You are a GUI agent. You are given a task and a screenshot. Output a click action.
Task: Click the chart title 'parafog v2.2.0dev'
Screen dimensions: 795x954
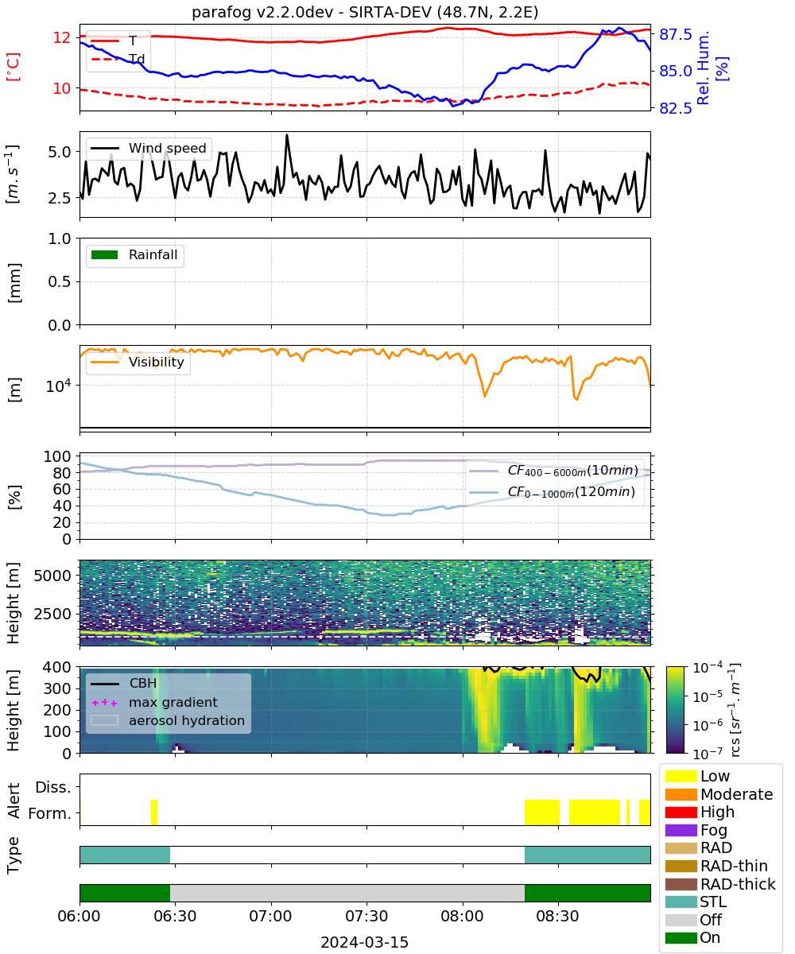262,12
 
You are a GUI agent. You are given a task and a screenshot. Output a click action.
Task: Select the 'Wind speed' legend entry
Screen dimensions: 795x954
149,148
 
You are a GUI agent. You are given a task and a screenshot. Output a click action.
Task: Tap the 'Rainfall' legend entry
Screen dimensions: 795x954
134,254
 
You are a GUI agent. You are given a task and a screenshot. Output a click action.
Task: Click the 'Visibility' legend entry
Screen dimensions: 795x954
138,362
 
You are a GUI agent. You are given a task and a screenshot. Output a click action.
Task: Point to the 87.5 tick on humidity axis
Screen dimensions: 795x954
675,34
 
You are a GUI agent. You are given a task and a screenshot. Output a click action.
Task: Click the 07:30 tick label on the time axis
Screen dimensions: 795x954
366,916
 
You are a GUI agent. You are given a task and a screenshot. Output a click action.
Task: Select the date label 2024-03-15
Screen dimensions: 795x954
365,942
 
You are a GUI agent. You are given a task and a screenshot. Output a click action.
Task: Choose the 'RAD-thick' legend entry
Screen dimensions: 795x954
720,883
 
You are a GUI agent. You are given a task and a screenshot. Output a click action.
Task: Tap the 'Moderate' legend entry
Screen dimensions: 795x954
719,794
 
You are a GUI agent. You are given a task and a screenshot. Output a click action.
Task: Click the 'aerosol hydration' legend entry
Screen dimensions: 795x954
168,720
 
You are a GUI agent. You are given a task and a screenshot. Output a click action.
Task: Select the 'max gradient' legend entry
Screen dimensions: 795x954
154,702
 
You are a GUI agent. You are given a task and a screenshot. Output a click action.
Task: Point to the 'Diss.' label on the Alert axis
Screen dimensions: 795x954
53,787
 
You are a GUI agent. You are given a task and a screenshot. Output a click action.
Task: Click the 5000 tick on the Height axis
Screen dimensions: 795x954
52,576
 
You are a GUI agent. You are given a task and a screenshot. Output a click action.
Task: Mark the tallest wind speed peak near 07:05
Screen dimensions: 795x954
287,135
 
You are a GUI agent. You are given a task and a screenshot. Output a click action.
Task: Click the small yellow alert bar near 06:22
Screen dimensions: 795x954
154,812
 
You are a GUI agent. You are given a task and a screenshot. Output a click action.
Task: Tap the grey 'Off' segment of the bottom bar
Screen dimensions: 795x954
347,893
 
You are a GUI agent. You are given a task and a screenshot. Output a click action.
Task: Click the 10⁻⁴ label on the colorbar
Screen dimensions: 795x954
708,667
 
